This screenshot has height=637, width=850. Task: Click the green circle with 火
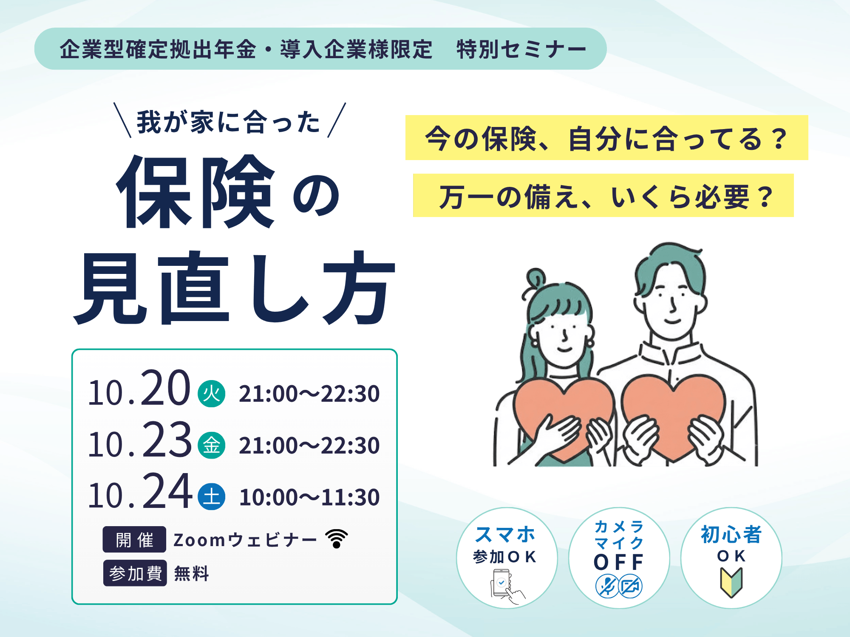click(212, 394)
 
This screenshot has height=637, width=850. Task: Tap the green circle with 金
click(212, 445)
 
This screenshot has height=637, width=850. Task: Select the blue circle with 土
click(212, 496)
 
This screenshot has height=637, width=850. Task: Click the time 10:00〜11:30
click(309, 497)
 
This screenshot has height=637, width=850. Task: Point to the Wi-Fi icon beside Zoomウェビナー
click(337, 538)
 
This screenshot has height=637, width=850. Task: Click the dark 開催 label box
click(134, 539)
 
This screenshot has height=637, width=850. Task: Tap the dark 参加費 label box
click(135, 573)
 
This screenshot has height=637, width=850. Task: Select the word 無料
click(192, 574)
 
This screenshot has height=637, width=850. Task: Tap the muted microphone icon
click(607, 586)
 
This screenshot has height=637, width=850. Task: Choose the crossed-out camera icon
click(631, 586)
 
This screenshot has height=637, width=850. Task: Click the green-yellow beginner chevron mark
click(731, 582)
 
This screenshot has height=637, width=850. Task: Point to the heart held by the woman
click(564, 418)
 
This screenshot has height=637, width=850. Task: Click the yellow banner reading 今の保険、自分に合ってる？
click(606, 138)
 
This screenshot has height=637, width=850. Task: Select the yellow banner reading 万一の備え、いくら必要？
click(603, 195)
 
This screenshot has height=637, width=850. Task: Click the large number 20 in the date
click(165, 388)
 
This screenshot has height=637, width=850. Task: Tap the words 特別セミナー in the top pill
click(521, 49)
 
